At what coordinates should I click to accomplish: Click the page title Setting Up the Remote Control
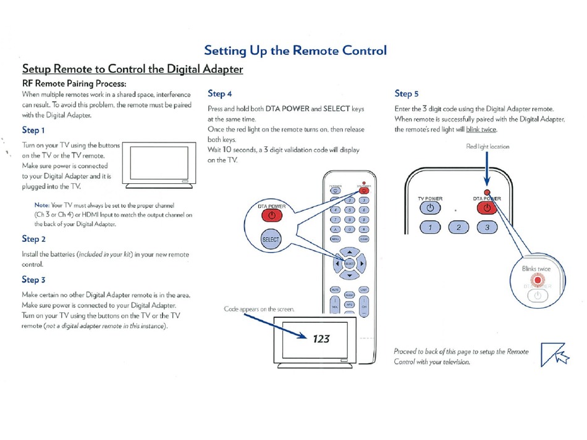(x=295, y=51)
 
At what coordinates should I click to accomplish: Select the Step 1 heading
(x=33, y=130)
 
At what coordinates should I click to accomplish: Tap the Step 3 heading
(x=33, y=280)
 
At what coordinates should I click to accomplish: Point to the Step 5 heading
(x=407, y=94)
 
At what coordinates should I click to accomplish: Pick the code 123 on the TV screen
(x=321, y=338)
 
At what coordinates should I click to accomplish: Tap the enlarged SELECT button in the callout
(x=271, y=239)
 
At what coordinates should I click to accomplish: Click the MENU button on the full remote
(x=336, y=239)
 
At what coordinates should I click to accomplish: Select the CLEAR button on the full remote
(x=364, y=239)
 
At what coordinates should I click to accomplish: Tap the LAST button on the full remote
(x=364, y=289)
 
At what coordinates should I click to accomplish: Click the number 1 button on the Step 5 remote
(x=430, y=227)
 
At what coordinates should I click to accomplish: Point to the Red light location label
(x=488, y=147)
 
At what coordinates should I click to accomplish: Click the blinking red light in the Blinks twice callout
(x=538, y=280)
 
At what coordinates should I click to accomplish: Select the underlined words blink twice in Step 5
(x=481, y=130)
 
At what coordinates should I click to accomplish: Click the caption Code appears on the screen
(x=259, y=309)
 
